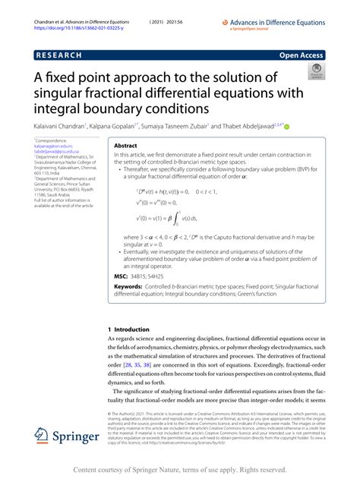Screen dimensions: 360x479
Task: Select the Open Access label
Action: click(301, 56)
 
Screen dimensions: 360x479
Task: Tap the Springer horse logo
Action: click(43, 435)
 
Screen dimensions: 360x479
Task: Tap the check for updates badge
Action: click(314, 71)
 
